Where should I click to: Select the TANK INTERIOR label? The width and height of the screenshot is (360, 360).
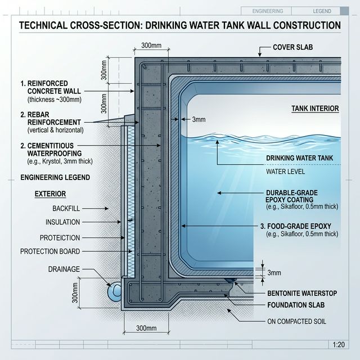point(316,108)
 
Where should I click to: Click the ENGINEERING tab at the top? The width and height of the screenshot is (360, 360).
point(268,11)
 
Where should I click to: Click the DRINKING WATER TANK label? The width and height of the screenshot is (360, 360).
point(301,158)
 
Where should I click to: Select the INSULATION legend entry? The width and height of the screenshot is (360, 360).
point(62,222)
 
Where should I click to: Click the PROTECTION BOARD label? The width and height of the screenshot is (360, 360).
point(50,251)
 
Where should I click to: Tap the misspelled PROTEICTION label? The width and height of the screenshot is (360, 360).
point(60,237)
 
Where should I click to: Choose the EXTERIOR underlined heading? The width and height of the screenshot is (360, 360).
point(50,193)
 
